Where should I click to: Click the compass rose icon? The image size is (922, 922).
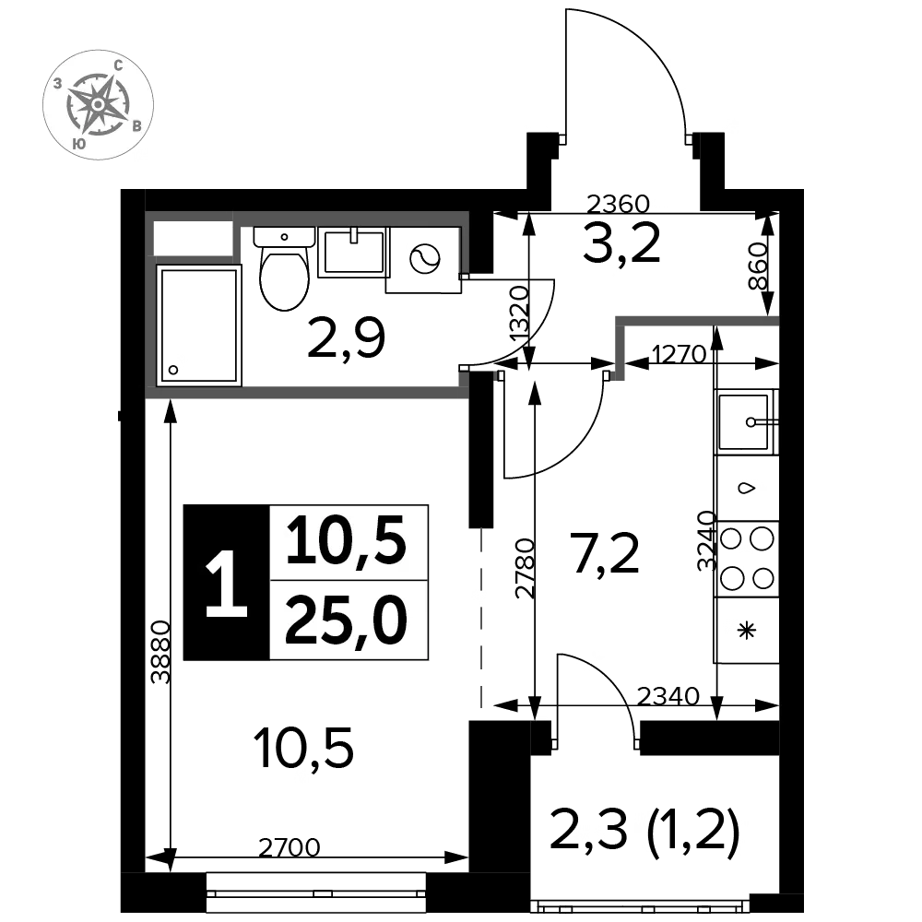pos(99,105)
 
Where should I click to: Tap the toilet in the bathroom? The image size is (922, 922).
pos(284,268)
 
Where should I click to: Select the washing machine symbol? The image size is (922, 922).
pos(423,260)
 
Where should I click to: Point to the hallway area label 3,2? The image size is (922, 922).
pos(622,242)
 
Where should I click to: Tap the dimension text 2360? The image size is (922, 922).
pos(618,204)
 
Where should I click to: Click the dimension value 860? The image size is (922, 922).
pos(759,266)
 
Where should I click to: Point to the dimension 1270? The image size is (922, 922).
pos(680,354)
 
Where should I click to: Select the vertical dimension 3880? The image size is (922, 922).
pos(160,652)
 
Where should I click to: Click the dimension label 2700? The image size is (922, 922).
pos(290,847)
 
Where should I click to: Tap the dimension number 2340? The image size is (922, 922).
pos(668,696)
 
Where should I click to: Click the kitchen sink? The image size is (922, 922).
pos(746,421)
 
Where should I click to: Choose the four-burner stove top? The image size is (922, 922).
pos(747,559)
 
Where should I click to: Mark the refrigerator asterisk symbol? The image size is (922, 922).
pos(747,631)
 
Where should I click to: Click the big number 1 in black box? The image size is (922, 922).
pos(227,583)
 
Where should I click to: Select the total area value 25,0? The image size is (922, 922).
pos(347,620)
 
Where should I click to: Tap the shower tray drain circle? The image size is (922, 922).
pos(173,370)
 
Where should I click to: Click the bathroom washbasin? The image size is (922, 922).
pos(353,253)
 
